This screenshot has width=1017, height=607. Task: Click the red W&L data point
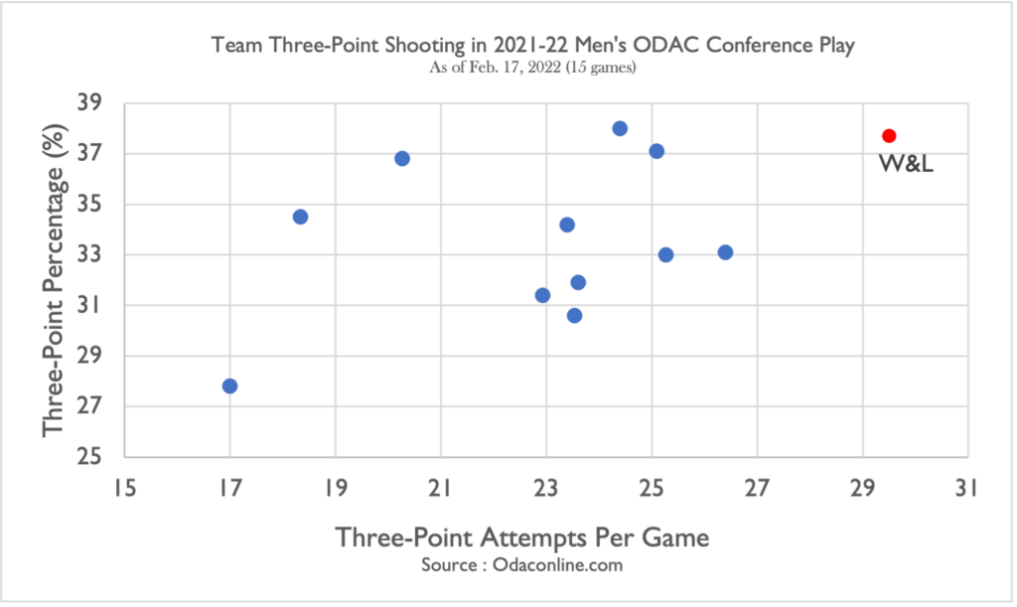[x=889, y=135]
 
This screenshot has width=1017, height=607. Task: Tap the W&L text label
[x=907, y=163]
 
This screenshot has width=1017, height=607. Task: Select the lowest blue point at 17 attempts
[x=229, y=385]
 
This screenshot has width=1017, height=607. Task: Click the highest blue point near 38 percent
[x=620, y=128]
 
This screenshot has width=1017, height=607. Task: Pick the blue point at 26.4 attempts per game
[x=725, y=252]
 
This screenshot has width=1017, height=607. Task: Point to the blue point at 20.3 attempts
[x=402, y=158]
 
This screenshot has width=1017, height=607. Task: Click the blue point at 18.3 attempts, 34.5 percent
[x=300, y=217]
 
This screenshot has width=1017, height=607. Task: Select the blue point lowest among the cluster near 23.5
[x=574, y=315]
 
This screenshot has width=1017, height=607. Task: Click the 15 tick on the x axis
[x=124, y=488]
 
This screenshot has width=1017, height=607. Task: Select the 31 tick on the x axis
[x=967, y=488]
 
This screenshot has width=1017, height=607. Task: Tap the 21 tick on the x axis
[x=441, y=488]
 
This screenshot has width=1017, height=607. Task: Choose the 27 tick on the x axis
[x=757, y=488]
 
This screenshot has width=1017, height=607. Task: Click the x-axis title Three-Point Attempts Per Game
[x=522, y=537]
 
